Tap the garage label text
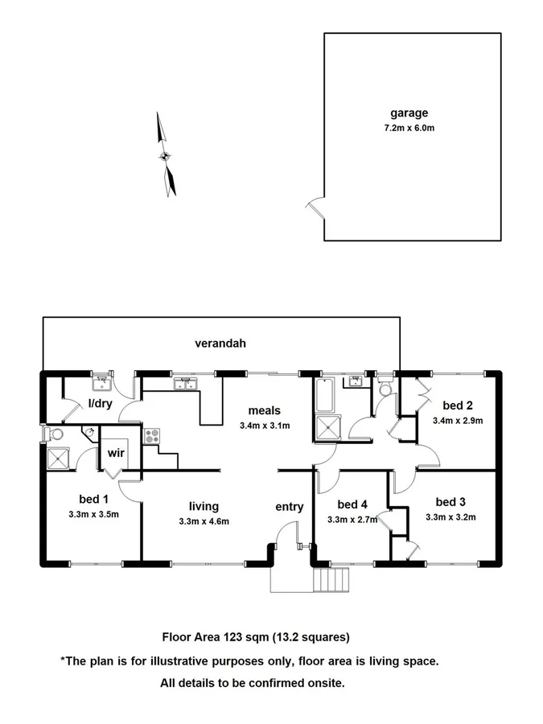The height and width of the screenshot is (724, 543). pyautogui.click(x=409, y=113)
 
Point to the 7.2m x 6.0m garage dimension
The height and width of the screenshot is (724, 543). pyautogui.click(x=409, y=128)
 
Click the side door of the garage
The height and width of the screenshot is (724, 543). pyautogui.click(x=315, y=211)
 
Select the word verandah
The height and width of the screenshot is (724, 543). pyautogui.click(x=220, y=343)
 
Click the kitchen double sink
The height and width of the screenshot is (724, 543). pyautogui.click(x=187, y=384)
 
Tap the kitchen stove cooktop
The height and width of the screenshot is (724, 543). pyautogui.click(x=152, y=436)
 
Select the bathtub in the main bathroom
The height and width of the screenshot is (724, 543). pyautogui.click(x=327, y=395)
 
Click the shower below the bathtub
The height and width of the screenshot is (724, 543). pyautogui.click(x=327, y=429)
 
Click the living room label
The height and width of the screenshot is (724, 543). pyautogui.click(x=204, y=506)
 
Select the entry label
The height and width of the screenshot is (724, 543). pyautogui.click(x=290, y=506)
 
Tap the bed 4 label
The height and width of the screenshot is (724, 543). pyautogui.click(x=352, y=504)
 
